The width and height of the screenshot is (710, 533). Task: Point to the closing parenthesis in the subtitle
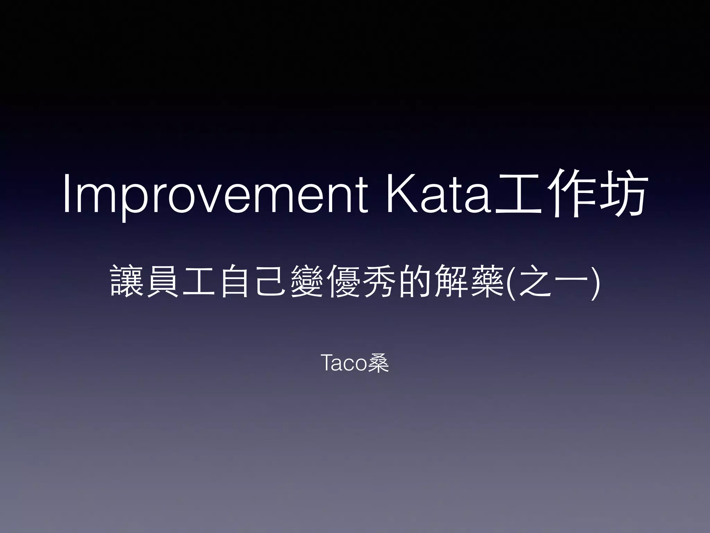pos(595,281)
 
